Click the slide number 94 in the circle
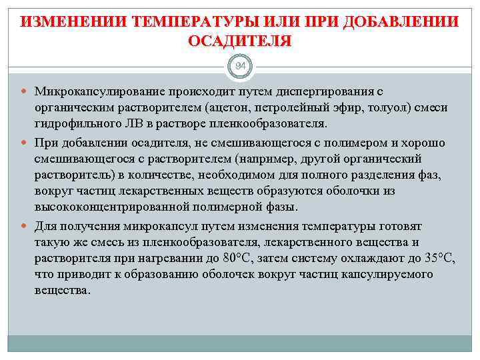(239, 66)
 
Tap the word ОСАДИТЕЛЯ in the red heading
(239, 41)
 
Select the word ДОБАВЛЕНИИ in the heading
(397, 21)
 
